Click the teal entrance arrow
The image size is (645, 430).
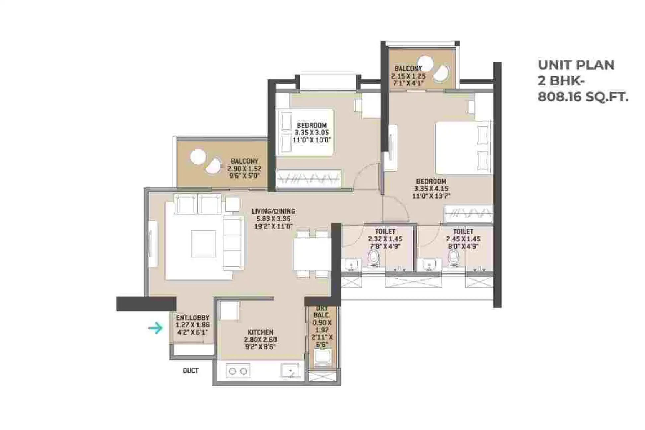click(156, 328)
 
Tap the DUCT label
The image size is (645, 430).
click(191, 370)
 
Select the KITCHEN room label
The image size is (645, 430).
click(260, 332)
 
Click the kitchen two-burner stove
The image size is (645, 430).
click(238, 371)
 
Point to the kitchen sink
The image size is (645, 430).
click(290, 371)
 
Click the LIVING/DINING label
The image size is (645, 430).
click(273, 211)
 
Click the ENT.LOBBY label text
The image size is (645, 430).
click(192, 317)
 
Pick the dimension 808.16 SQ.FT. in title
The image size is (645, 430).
click(583, 97)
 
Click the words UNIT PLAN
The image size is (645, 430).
click(576, 65)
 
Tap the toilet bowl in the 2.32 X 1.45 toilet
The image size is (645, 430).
click(374, 258)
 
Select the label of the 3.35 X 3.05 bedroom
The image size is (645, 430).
click(312, 125)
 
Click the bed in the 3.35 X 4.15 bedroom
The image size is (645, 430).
click(463, 148)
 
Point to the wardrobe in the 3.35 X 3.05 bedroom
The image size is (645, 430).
click(309, 179)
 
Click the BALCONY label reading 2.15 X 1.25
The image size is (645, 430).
click(408, 68)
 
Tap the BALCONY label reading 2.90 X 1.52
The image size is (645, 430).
click(244, 161)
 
